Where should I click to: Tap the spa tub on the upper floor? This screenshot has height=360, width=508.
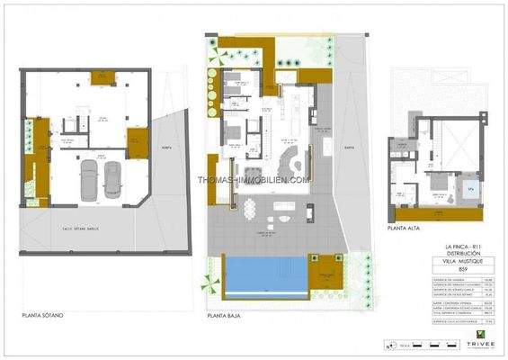coord(470,190)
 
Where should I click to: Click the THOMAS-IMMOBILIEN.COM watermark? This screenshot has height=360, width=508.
coord(254,179)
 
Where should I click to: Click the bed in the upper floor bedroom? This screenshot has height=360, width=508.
coord(441,191)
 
